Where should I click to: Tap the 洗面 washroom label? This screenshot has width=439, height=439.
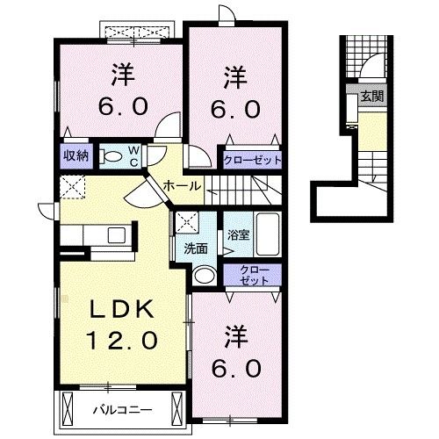196,249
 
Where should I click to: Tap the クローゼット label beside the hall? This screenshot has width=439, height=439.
252,161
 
